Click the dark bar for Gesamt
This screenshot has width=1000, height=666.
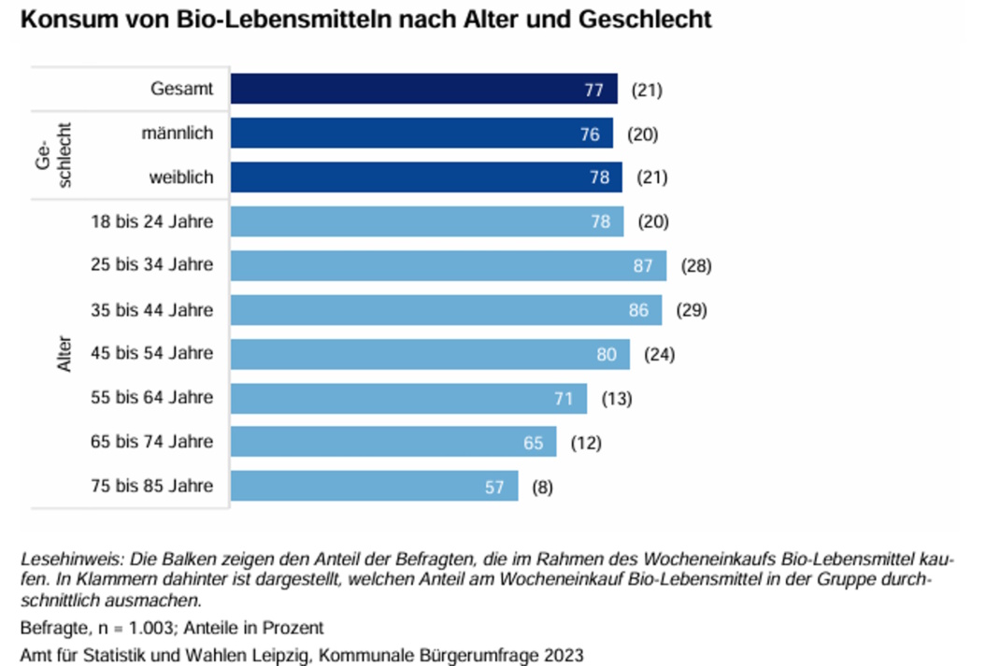click(x=423, y=89)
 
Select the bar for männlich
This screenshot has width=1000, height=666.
click(x=421, y=134)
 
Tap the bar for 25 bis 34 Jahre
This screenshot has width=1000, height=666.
click(x=448, y=265)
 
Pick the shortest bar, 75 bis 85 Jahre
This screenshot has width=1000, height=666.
click(x=374, y=486)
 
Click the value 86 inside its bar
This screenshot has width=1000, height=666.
click(x=638, y=310)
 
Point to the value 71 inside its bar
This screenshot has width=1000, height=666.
click(x=564, y=399)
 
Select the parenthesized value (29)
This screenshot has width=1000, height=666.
click(x=692, y=310)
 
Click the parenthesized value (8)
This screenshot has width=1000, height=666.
click(x=543, y=487)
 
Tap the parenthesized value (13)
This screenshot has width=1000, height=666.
click(x=617, y=399)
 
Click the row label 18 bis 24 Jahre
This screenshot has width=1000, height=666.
click(x=151, y=221)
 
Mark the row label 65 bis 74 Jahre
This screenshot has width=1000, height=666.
click(x=151, y=442)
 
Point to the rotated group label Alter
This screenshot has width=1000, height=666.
click(x=64, y=353)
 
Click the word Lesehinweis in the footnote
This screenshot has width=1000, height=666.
click(x=65, y=559)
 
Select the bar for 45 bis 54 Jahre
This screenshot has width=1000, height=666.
click(x=430, y=354)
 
